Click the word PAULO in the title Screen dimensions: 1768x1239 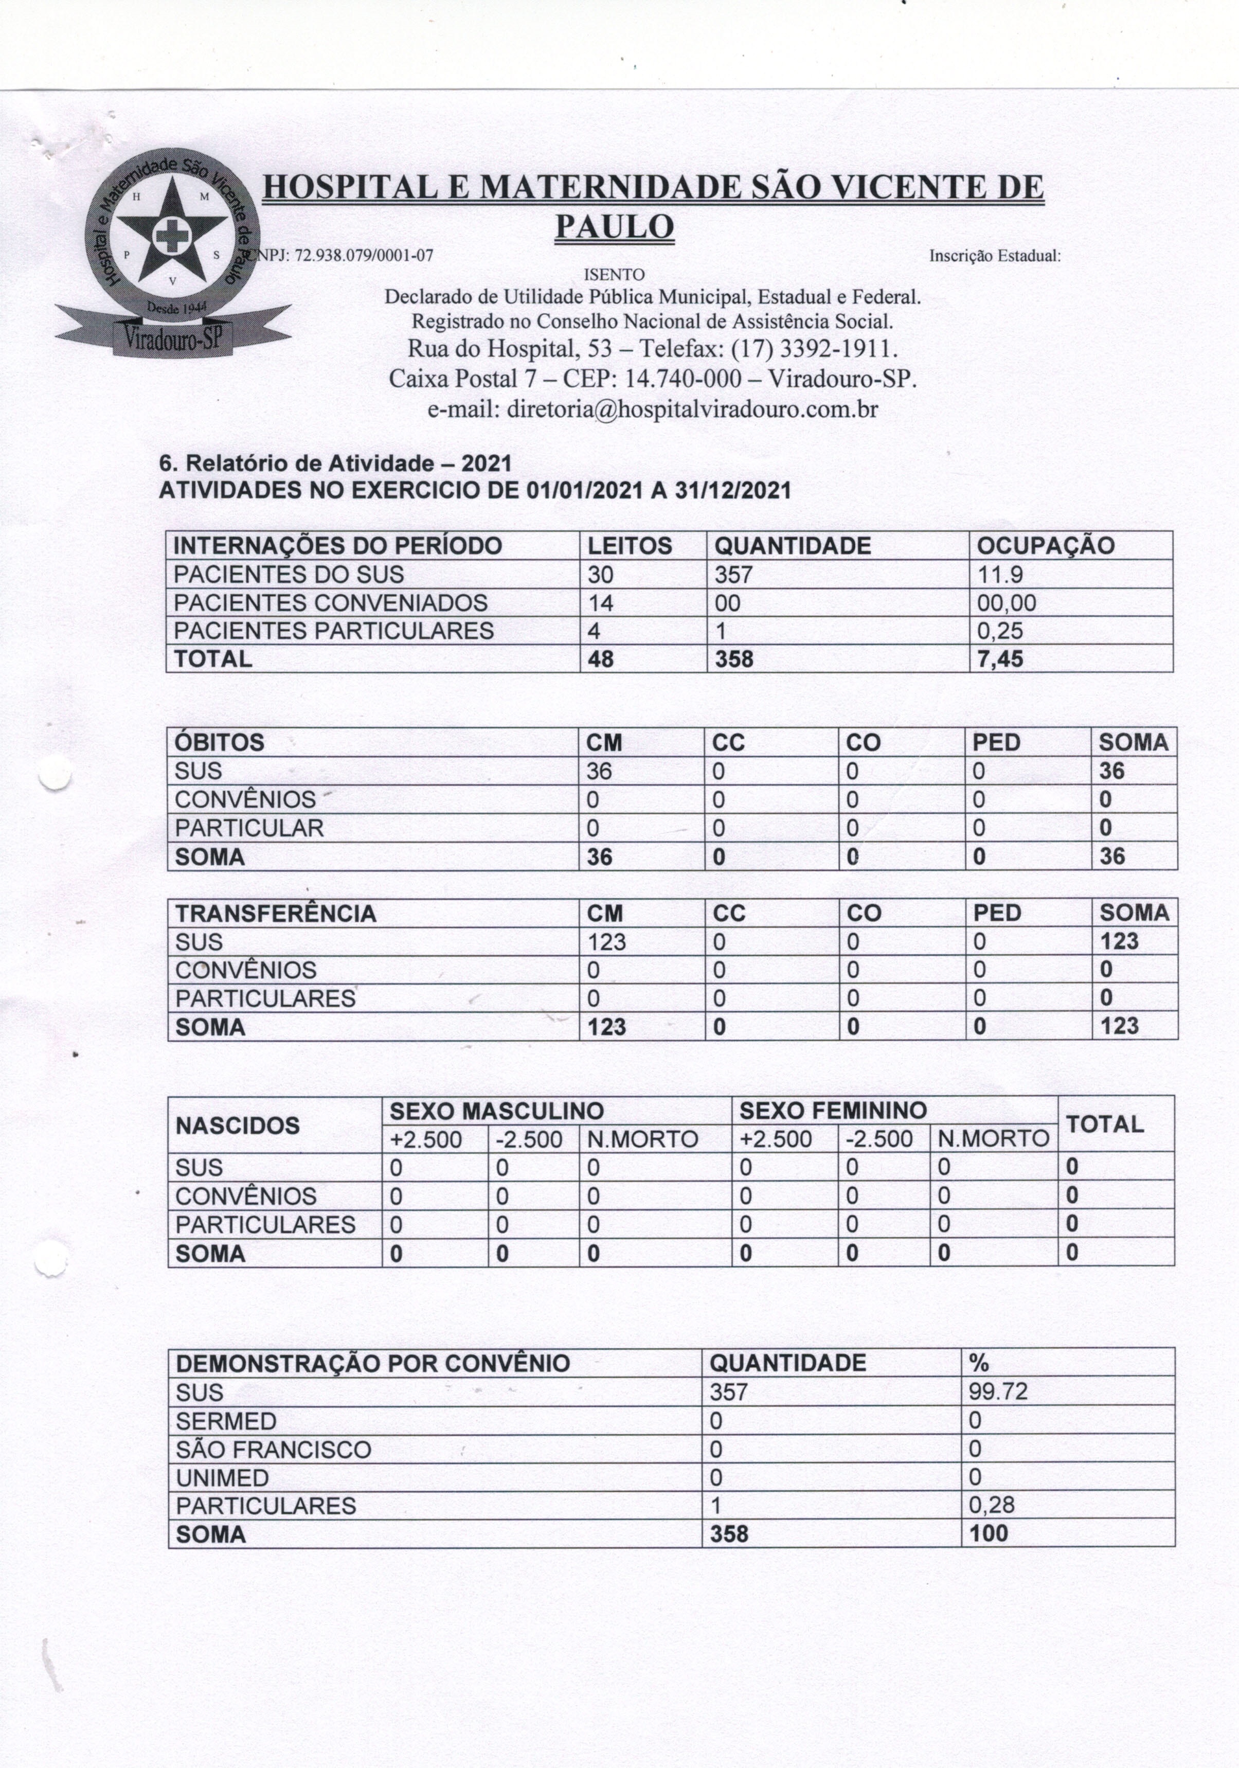point(615,226)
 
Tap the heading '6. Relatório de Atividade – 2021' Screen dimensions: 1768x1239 point(335,463)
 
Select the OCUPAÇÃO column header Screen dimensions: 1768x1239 point(1045,546)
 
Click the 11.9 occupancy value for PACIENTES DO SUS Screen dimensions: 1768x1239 point(999,575)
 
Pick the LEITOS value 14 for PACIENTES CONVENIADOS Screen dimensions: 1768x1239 point(601,603)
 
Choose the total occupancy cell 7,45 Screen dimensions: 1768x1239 point(999,659)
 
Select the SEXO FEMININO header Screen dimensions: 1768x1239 point(833,1111)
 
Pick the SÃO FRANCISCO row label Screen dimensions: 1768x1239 point(274,1449)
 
